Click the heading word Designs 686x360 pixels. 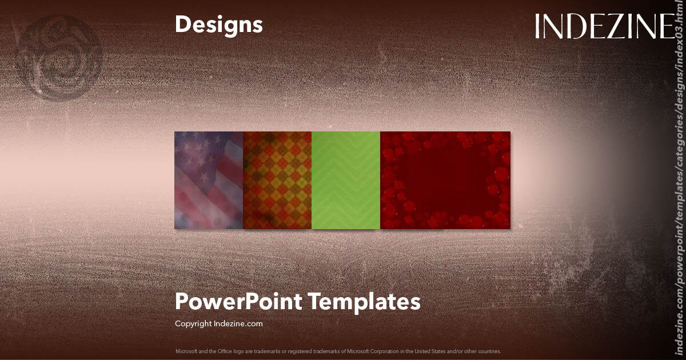click(219, 25)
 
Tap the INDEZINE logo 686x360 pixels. click(605, 26)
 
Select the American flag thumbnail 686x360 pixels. click(209, 180)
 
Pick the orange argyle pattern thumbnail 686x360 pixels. click(277, 180)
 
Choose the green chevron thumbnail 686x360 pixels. click(346, 180)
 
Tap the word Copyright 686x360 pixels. click(193, 323)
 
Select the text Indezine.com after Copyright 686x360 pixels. click(238, 323)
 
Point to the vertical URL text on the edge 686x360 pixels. click(679, 183)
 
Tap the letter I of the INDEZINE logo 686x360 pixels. click(539, 26)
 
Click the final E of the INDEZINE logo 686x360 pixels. click(665, 26)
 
